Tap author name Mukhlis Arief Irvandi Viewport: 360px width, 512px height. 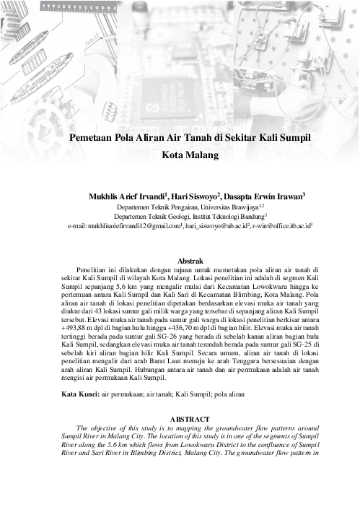[x=127, y=196]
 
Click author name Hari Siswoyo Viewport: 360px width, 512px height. [x=197, y=196]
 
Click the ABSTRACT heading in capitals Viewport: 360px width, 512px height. [x=189, y=419]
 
